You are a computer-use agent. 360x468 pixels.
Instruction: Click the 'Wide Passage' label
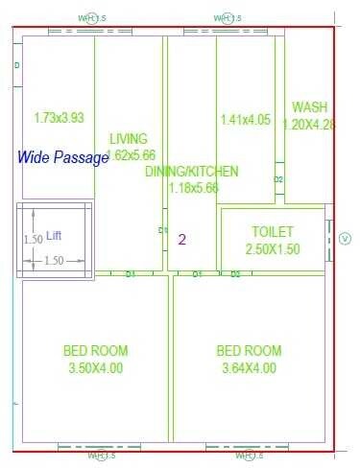click(x=63, y=158)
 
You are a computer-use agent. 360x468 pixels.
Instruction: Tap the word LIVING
click(x=129, y=138)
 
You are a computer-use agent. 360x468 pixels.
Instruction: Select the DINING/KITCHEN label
click(x=191, y=172)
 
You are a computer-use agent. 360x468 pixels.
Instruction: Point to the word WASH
click(x=310, y=107)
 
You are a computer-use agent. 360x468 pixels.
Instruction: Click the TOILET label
click(x=273, y=232)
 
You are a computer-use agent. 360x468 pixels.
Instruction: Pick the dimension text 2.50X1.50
click(x=273, y=248)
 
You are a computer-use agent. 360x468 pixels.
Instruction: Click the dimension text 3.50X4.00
click(x=96, y=367)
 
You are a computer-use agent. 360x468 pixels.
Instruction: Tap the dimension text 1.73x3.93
click(x=59, y=119)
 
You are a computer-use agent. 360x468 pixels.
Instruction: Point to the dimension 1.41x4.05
click(x=246, y=120)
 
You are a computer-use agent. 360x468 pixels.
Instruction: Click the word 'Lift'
click(x=54, y=235)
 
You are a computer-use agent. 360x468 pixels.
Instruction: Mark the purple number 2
click(x=181, y=239)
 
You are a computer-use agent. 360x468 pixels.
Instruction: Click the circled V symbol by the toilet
click(x=346, y=238)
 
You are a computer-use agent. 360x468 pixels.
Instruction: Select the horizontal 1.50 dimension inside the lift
click(x=54, y=261)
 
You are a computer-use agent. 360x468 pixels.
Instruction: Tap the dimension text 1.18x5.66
click(x=195, y=188)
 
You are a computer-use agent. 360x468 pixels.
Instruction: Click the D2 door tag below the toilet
click(x=235, y=274)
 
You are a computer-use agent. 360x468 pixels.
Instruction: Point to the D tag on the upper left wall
click(x=17, y=65)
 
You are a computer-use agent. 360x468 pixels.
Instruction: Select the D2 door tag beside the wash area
click(x=278, y=179)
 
